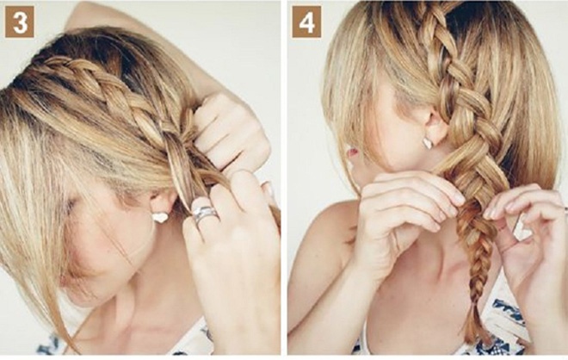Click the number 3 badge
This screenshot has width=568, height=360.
[20, 22]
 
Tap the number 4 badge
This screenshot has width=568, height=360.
[306, 22]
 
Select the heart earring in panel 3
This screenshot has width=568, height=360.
[160, 218]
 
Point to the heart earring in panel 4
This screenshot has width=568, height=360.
[428, 143]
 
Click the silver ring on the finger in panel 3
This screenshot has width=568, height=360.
[205, 214]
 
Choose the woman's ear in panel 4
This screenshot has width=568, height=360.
[436, 125]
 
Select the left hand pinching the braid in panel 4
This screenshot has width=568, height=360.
[405, 210]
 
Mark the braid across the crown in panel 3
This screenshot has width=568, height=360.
[105, 94]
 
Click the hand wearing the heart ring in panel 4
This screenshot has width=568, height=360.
[525, 236]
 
